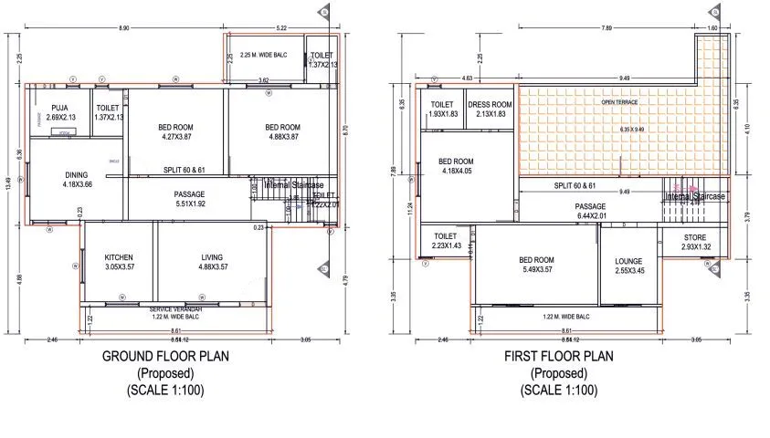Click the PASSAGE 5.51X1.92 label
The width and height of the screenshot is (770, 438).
point(189,199)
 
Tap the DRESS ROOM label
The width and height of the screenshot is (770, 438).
point(490,109)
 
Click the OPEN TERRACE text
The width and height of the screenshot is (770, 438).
point(619,102)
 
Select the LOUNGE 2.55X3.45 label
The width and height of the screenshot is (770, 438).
point(628,266)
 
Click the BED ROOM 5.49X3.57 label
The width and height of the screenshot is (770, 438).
point(536,265)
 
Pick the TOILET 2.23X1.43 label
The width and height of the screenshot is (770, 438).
point(445,242)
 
